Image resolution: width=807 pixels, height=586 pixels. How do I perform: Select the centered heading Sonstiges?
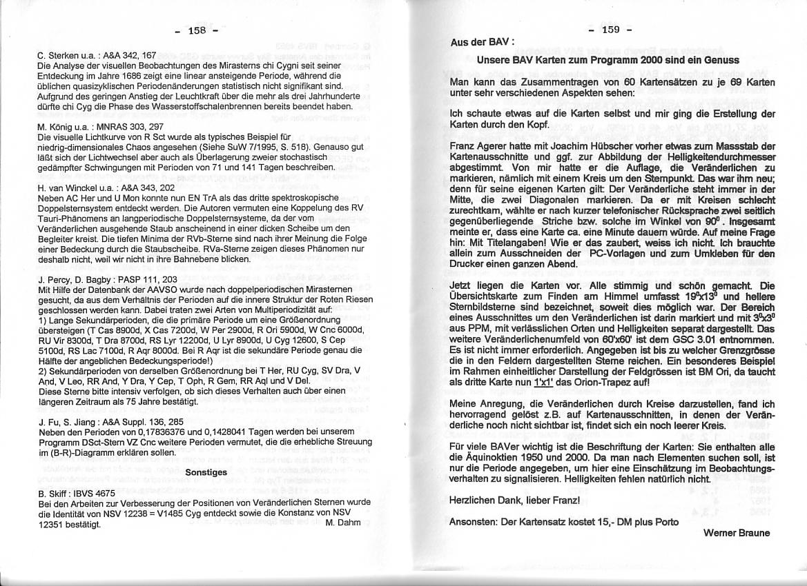coord(206,472)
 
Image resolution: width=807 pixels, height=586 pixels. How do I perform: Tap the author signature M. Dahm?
coord(342,523)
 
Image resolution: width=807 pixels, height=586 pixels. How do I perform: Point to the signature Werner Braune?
coord(737,532)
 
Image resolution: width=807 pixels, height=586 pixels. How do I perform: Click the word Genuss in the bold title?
coord(721,60)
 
